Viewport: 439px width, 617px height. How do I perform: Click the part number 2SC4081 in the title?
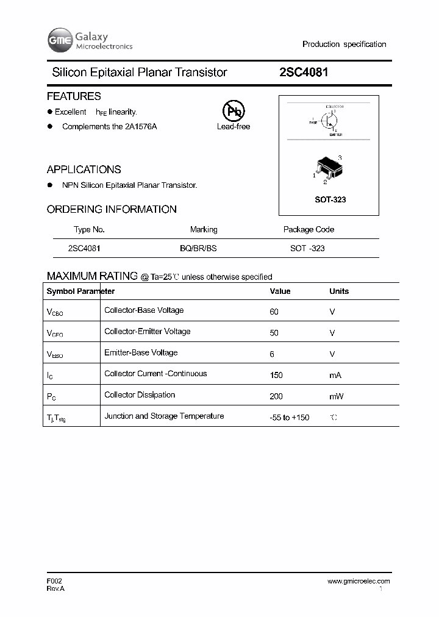(304, 72)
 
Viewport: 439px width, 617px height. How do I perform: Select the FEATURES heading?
(74, 96)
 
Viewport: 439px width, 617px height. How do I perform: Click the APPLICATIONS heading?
(84, 169)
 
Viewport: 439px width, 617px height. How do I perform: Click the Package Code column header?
(309, 230)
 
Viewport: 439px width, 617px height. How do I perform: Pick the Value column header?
(280, 291)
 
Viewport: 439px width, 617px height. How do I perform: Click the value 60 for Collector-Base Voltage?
(274, 312)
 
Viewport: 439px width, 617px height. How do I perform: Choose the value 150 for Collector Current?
(276, 375)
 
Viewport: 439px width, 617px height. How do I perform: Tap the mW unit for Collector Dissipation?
(336, 396)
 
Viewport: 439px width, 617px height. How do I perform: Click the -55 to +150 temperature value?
(289, 418)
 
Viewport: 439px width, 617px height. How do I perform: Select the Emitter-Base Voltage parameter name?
(141, 353)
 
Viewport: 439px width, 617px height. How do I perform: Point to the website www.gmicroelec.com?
(359, 581)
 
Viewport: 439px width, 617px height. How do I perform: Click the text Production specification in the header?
(344, 45)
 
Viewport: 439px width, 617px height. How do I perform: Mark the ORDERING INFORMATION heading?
(112, 209)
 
